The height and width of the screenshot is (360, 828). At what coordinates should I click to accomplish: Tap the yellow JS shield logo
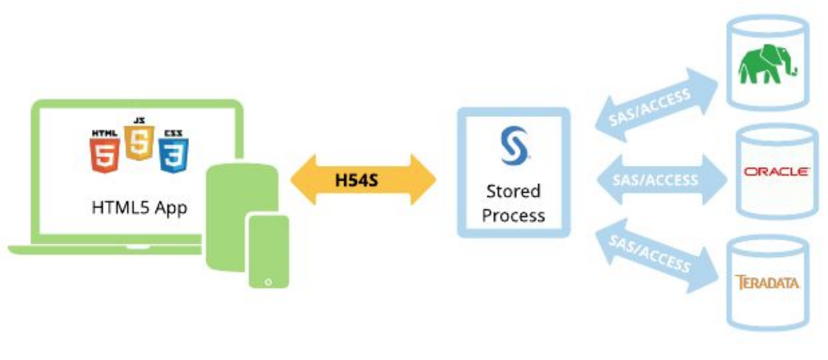coord(138,141)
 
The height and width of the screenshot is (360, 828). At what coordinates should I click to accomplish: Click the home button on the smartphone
coord(268,282)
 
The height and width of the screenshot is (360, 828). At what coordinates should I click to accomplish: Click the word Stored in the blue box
coord(513,191)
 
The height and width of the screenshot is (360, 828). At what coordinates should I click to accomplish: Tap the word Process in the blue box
coord(513,214)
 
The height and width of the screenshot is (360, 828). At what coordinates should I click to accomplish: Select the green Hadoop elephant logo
coord(768,65)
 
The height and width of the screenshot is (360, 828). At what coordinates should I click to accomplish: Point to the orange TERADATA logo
coord(768,282)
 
